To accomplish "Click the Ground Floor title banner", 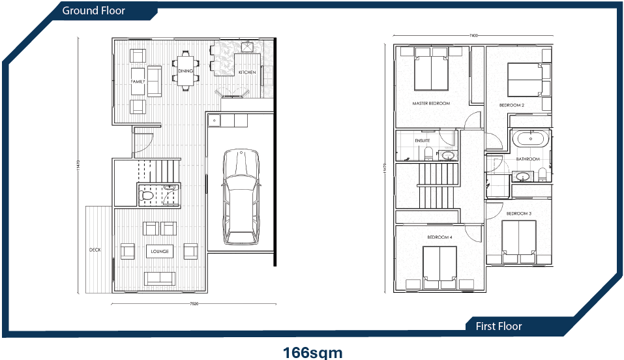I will click(93, 10).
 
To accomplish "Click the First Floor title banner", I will click(499, 326).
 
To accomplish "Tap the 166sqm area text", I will click(312, 352).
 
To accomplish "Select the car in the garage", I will click(240, 196).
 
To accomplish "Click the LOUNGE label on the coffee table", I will click(160, 251).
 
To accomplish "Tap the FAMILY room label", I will click(138, 82).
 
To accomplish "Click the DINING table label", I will click(186, 71).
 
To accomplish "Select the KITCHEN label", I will click(246, 72).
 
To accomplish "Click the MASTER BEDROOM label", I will click(431, 104).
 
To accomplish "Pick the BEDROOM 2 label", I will click(512, 105).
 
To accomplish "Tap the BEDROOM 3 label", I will click(519, 214).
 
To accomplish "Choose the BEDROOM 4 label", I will click(439, 237).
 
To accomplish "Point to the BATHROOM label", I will click(527, 159).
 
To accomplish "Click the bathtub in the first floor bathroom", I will click(529, 139).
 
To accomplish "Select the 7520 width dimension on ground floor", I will click(194, 304).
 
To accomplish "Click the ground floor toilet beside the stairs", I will click(147, 194).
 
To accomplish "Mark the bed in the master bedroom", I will click(431, 72).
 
